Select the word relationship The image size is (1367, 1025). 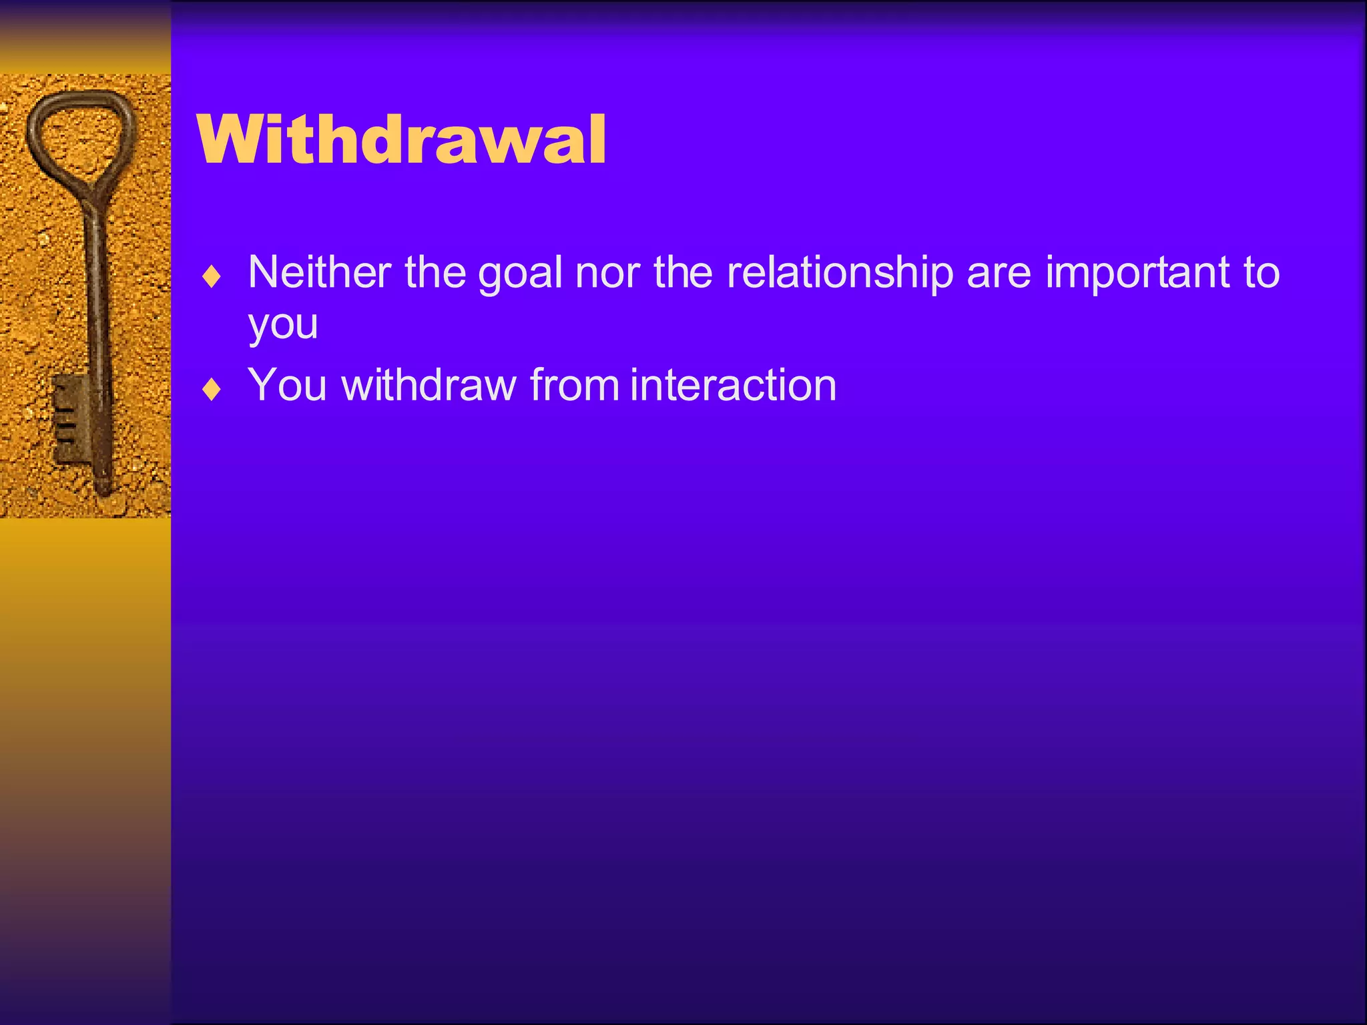[840, 274]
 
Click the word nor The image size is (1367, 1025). [607, 274]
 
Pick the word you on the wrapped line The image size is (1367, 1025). [282, 325]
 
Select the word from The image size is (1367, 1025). [575, 385]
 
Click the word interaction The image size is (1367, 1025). [733, 385]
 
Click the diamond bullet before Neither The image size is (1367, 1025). [212, 277]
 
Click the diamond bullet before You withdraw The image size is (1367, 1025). [212, 390]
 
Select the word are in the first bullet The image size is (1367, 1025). [999, 274]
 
